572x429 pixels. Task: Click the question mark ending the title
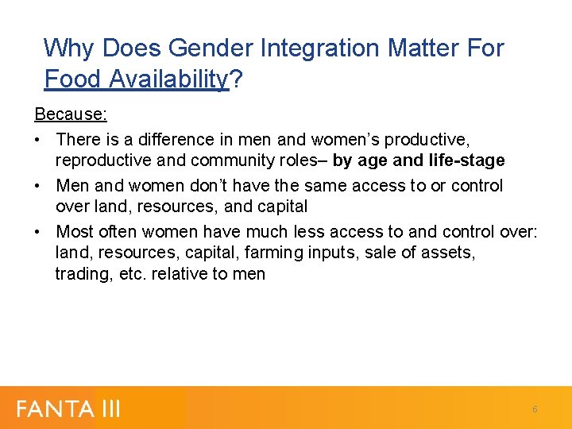pos(236,79)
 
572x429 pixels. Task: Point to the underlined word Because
pos(71,114)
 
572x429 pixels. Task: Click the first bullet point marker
pos(38,140)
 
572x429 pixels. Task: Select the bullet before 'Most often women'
pos(38,232)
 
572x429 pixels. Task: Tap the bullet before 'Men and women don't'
pos(38,186)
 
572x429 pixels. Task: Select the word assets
pos(449,253)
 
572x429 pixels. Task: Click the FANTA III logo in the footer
pos(69,408)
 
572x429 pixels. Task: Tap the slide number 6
pos(535,409)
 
